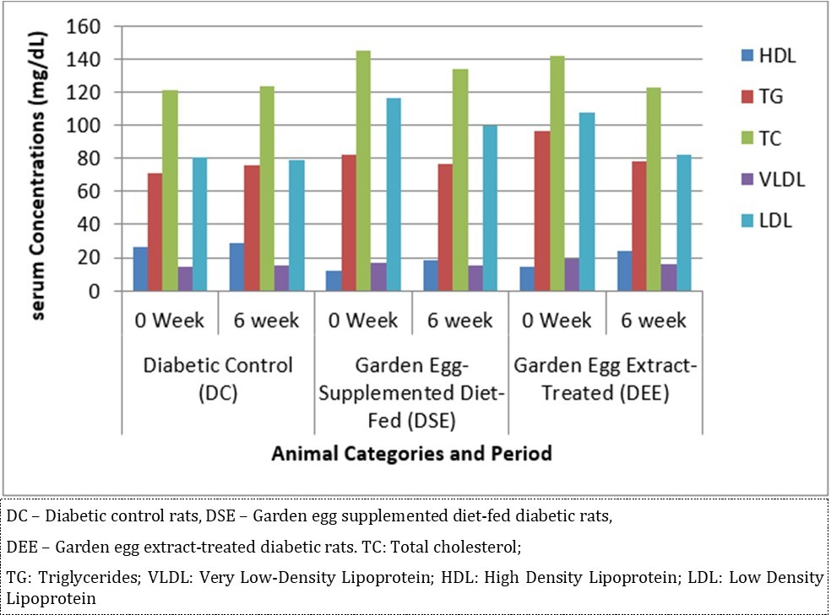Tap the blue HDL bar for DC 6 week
coord(236,267)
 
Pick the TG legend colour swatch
coord(747,97)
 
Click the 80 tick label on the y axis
coord(99,159)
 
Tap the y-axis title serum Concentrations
coord(38,158)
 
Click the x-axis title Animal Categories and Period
coord(411,454)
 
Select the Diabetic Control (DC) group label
coord(218,379)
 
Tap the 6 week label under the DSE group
coord(459,321)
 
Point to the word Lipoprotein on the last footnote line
coord(50,598)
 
